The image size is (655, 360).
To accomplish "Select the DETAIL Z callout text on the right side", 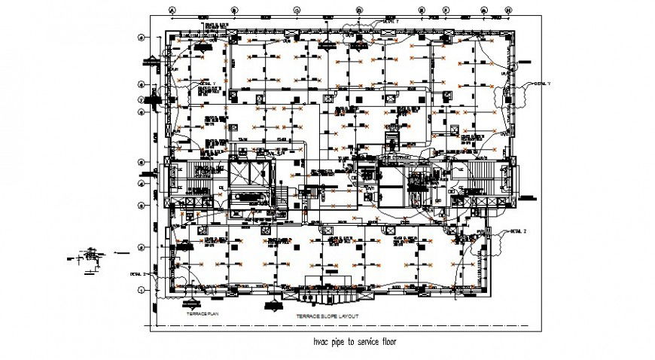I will tap(518, 230).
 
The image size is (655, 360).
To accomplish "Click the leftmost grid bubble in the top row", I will tap(172, 11).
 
